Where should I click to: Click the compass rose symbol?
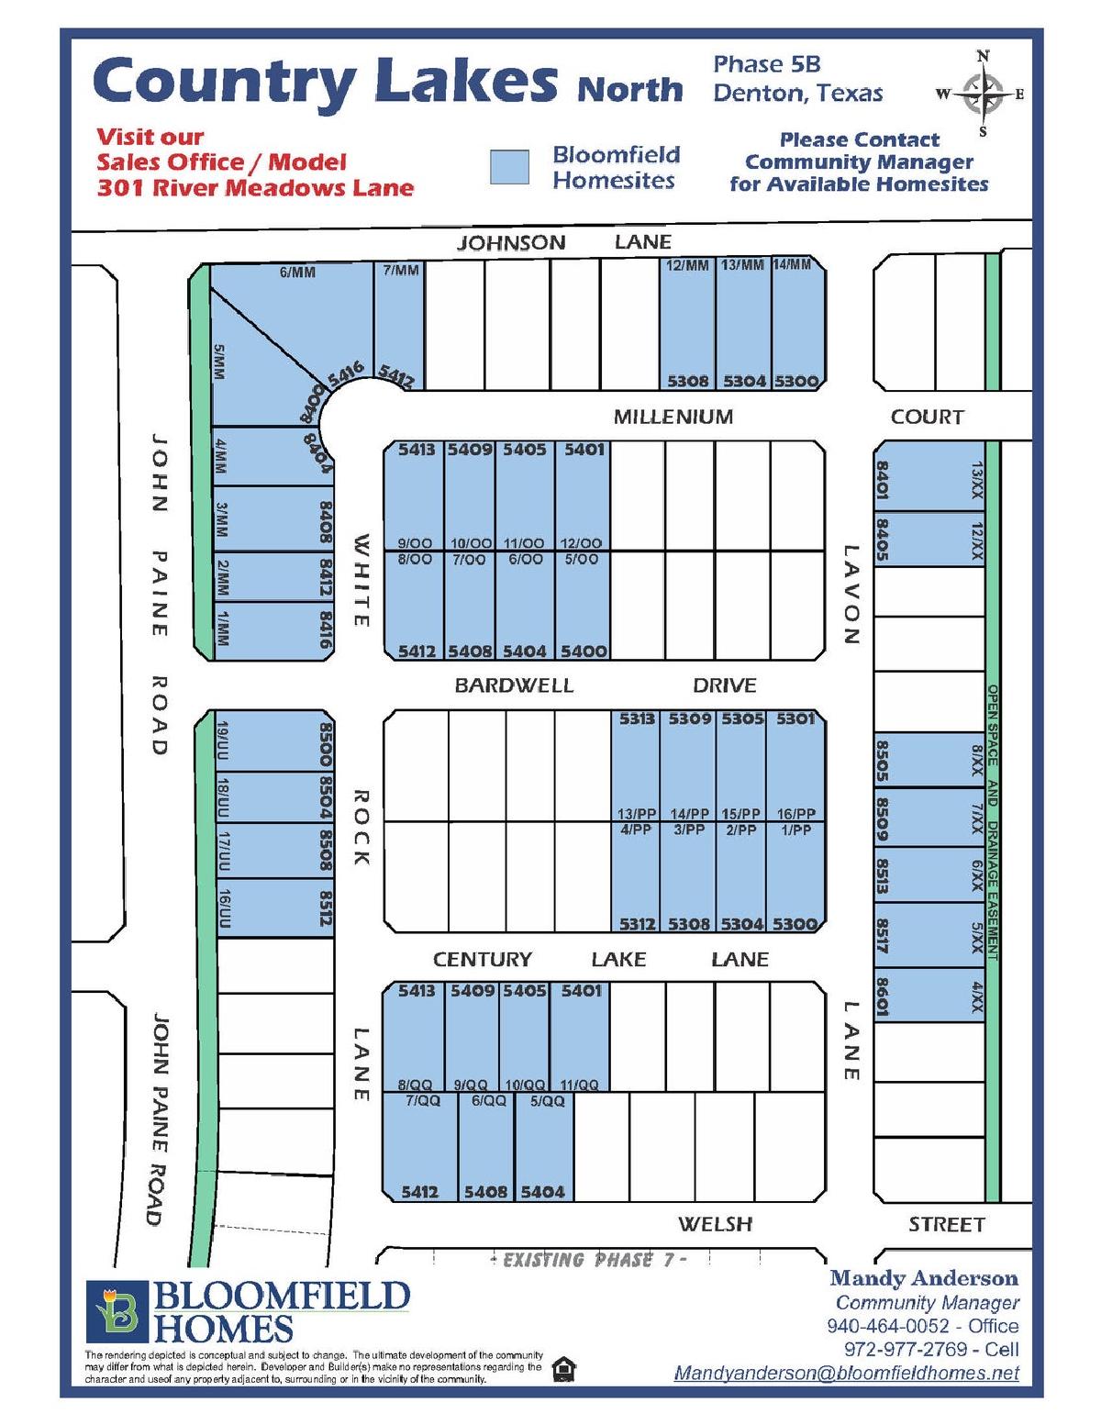pyautogui.click(x=983, y=93)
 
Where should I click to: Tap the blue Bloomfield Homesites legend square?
pyautogui.click(x=509, y=167)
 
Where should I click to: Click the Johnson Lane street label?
pyautogui.click(x=564, y=242)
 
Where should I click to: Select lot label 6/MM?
pyautogui.click(x=297, y=273)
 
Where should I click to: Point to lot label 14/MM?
pyautogui.click(x=792, y=264)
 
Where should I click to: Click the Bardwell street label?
pyautogui.click(x=514, y=685)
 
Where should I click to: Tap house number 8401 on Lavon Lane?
pyautogui.click(x=883, y=481)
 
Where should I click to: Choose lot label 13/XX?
pyautogui.click(x=976, y=481)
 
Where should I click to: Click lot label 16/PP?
pyautogui.click(x=796, y=814)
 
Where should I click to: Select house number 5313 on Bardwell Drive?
pyautogui.click(x=637, y=718)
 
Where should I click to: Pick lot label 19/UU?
pyautogui.click(x=222, y=741)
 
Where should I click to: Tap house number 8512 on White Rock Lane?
pyautogui.click(x=325, y=907)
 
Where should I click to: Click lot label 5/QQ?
pyautogui.click(x=548, y=1101)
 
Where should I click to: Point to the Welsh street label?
pyautogui.click(x=715, y=1224)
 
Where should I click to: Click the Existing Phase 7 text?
pyautogui.click(x=589, y=1260)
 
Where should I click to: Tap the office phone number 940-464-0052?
pyautogui.click(x=887, y=1325)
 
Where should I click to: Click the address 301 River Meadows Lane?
pyautogui.click(x=256, y=188)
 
